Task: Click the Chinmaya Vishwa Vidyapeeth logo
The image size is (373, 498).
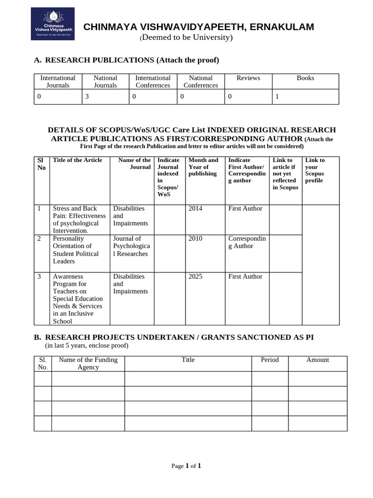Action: click(x=52, y=24)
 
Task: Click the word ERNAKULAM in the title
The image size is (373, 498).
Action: click(x=281, y=27)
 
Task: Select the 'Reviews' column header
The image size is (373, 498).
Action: click(x=248, y=78)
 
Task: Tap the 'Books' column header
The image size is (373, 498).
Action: click(x=305, y=78)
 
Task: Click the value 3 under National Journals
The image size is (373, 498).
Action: click(x=87, y=96)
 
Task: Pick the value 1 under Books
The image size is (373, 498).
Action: click(x=277, y=96)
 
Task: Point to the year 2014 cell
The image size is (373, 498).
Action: click(x=195, y=208)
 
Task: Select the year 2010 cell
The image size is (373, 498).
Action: click(x=195, y=238)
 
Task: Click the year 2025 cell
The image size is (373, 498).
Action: click(x=195, y=276)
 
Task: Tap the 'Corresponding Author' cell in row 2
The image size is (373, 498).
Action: click(x=247, y=242)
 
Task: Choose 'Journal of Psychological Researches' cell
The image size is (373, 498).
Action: click(x=131, y=246)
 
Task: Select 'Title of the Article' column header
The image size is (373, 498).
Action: click(x=77, y=160)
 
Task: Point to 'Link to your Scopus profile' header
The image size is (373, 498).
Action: click(x=315, y=170)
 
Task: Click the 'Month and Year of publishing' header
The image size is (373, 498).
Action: click(x=203, y=167)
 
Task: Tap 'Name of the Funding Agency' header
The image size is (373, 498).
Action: click(x=88, y=363)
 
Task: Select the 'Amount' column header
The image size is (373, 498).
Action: click(x=318, y=360)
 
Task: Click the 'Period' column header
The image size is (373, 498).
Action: click(x=270, y=360)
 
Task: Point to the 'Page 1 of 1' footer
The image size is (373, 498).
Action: click(x=186, y=466)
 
